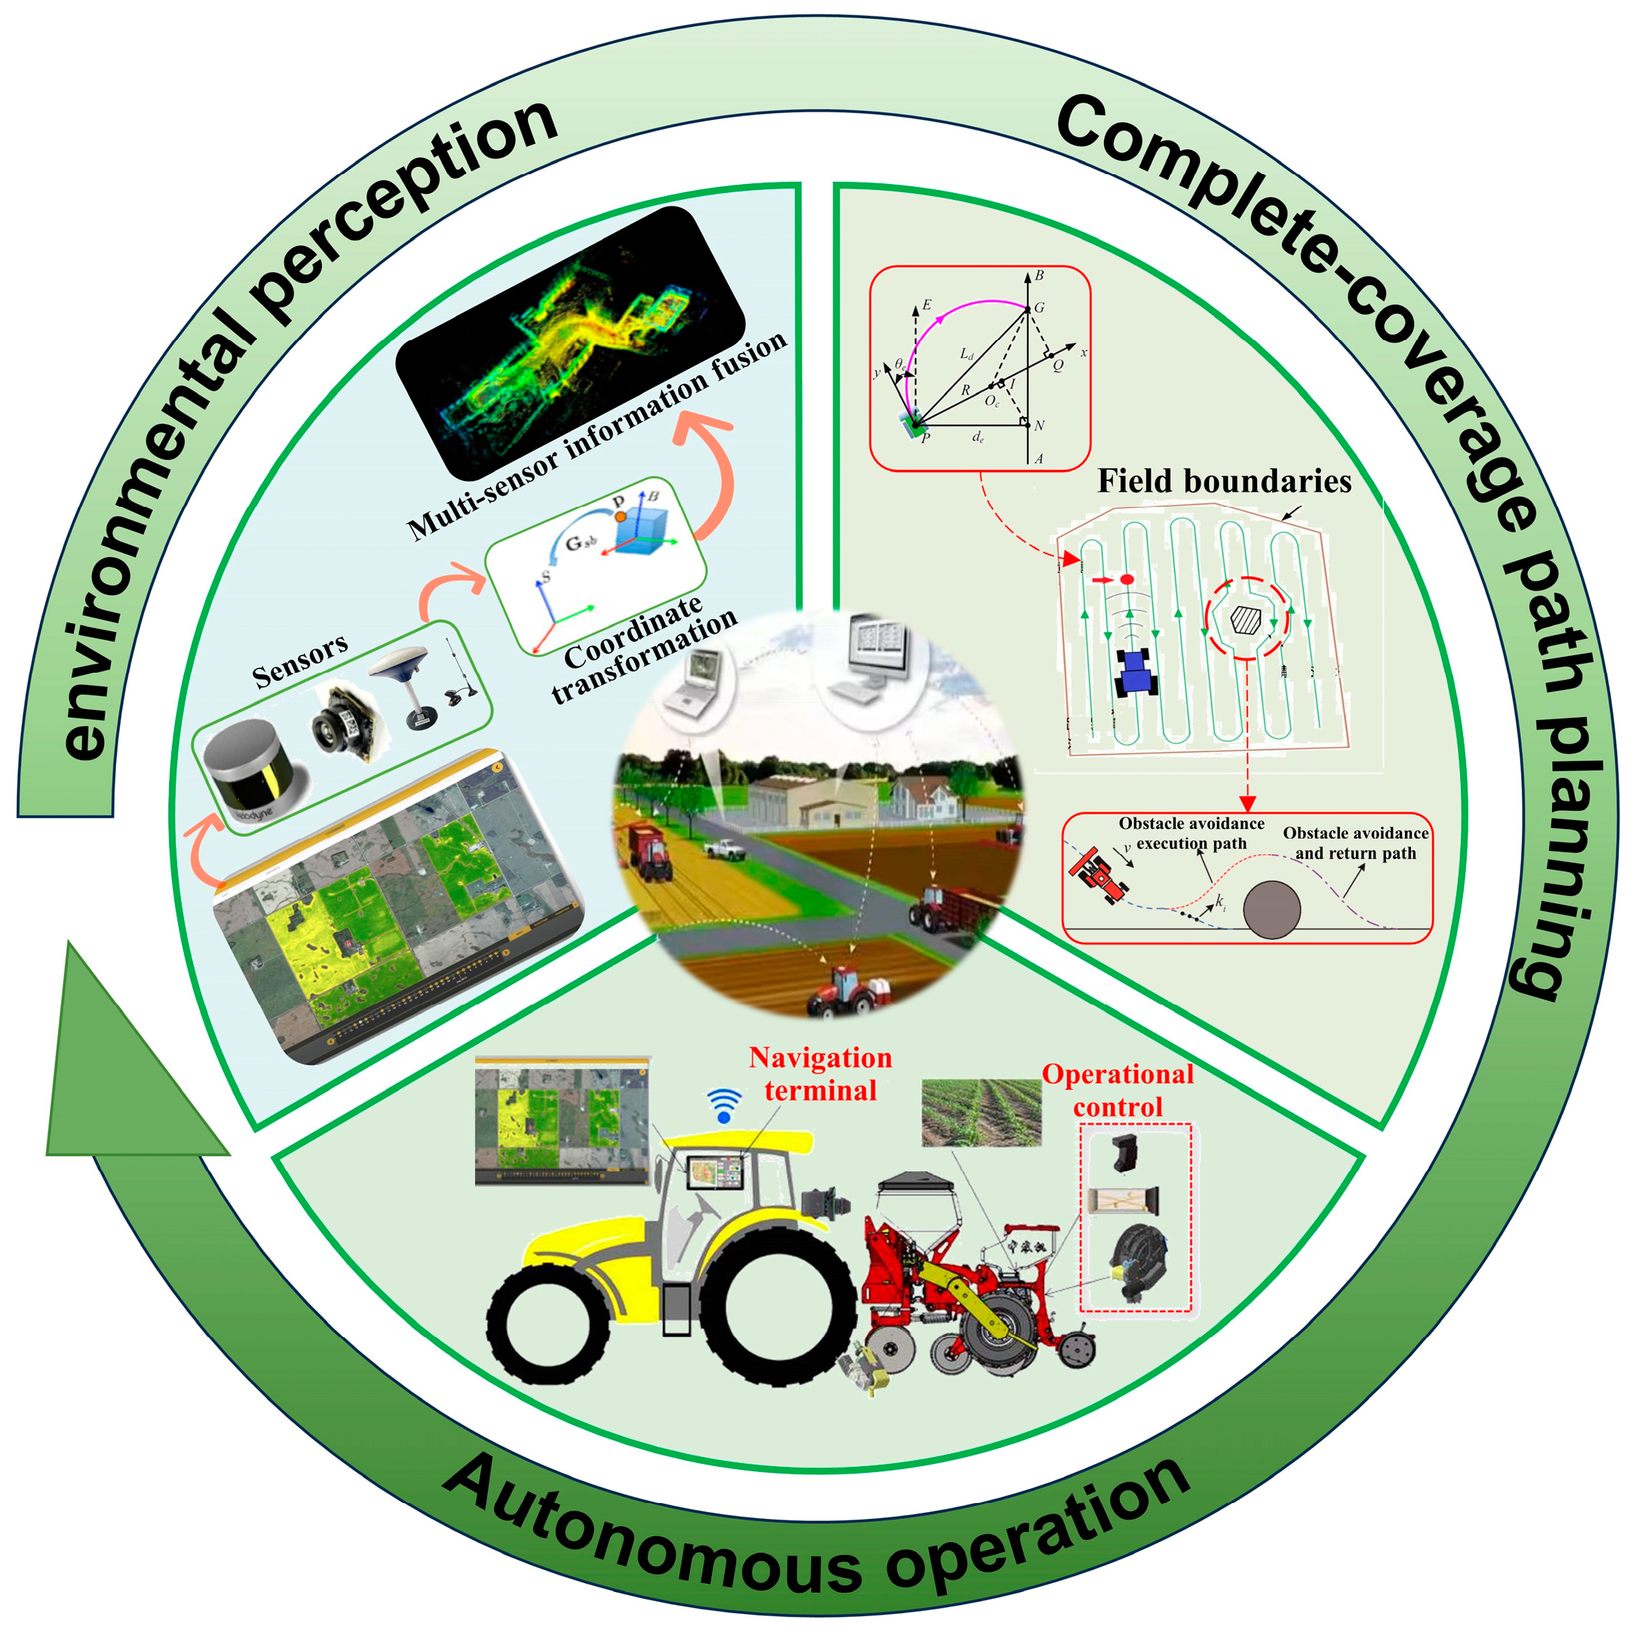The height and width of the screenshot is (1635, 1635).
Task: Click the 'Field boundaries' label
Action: click(1224, 482)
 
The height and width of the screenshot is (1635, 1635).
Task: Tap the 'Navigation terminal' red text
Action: click(820, 1074)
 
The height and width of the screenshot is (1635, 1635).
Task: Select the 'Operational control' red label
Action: click(1118, 1091)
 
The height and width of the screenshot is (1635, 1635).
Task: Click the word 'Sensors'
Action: click(299, 661)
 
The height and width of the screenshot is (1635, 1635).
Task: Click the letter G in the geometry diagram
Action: click(1039, 307)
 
